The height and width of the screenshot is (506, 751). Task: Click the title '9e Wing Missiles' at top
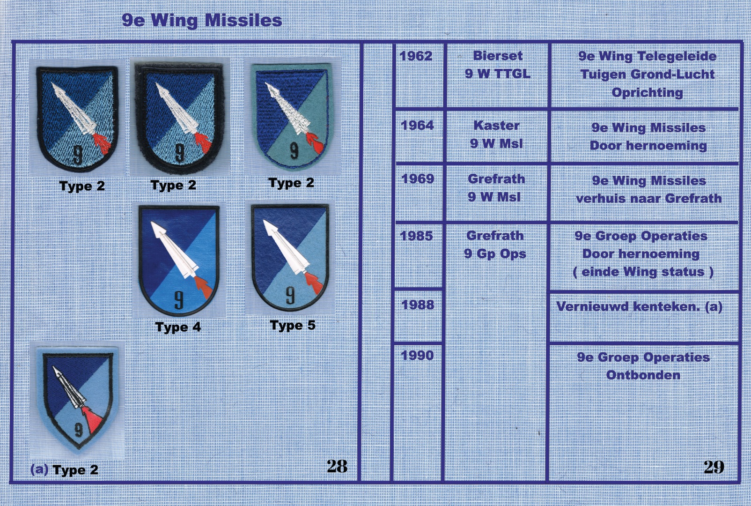coord(202,21)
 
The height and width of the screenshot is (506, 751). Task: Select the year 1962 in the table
coord(416,56)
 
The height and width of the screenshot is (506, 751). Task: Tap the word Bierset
coord(498,56)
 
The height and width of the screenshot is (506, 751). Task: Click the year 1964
coord(418,125)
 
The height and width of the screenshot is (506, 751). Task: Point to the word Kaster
coord(497,126)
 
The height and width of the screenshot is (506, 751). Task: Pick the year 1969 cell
coord(418,179)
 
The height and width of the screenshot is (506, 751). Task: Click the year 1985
coord(416,236)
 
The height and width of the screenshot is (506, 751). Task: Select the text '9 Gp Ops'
coord(495,254)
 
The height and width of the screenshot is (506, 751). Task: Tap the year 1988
coord(418,305)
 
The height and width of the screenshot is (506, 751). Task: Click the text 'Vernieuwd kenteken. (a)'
coord(640,307)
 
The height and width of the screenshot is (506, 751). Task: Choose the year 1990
coord(418,355)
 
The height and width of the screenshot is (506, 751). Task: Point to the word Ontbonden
coord(643,375)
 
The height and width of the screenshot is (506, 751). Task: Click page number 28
coord(337,466)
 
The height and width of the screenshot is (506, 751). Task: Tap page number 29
coord(714,467)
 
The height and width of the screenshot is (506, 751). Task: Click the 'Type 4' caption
coord(178,327)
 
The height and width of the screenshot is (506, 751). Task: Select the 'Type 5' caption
coord(293,325)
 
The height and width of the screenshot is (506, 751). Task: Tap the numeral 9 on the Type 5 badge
coord(290,296)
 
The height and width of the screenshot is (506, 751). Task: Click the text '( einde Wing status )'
coord(643,272)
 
